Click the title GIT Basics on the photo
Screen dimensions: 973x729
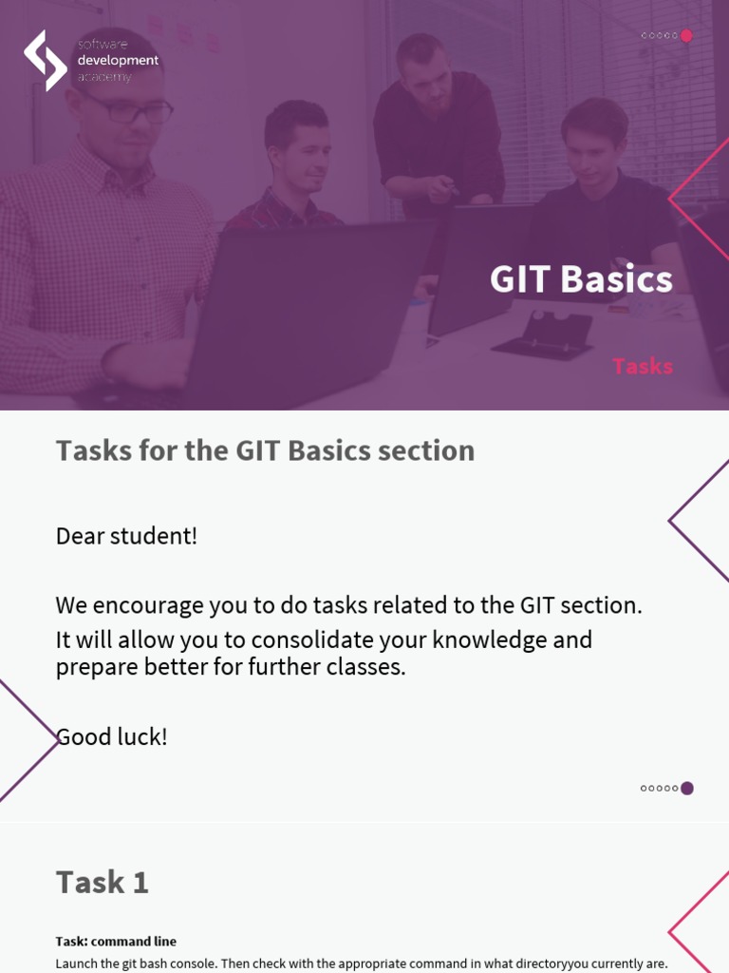pos(581,279)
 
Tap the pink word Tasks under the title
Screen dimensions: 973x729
pos(643,366)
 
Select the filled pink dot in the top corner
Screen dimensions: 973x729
pos(686,36)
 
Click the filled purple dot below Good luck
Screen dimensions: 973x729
pos(687,788)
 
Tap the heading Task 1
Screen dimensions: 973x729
pos(103,882)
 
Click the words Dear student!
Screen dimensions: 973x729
pos(126,536)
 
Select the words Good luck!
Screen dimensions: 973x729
pos(112,736)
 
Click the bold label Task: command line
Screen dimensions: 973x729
pos(116,942)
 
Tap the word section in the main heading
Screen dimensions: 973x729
pos(425,450)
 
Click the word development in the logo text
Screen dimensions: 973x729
pos(118,61)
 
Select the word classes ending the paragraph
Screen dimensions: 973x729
pos(365,667)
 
